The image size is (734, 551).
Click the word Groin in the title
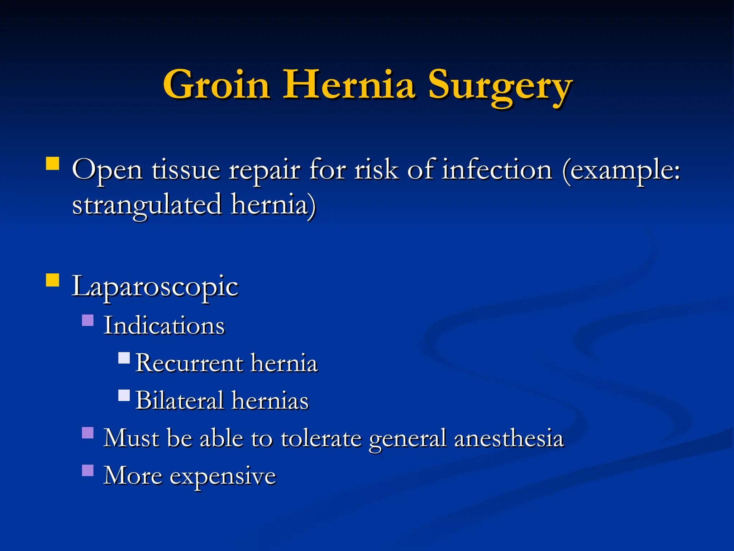pos(216,85)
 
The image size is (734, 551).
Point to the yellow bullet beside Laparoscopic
pos(53,280)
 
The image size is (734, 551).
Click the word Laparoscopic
pos(155,287)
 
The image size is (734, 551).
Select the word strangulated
pos(147,204)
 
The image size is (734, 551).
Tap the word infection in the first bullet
pos(497,169)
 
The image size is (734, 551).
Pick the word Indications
pos(164,326)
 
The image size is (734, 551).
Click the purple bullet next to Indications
pos(88,320)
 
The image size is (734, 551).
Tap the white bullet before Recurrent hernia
pos(124,358)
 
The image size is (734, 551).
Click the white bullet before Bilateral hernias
pos(124,396)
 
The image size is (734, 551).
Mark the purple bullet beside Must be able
pos(88,433)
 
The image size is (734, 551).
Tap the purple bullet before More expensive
pos(88,470)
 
